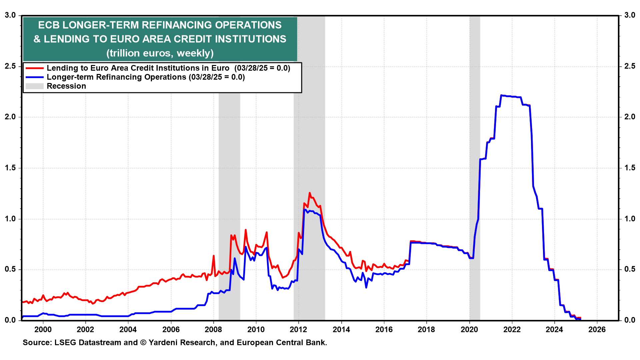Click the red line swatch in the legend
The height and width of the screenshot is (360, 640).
pos(35,68)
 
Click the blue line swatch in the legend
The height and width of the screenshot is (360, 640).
pos(35,77)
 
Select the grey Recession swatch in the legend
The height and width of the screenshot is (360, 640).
pos(35,86)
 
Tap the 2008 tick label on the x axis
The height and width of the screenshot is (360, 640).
pos(213,330)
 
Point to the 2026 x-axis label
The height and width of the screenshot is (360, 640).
pos(597,330)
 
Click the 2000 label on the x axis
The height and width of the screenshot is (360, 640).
pos(43,330)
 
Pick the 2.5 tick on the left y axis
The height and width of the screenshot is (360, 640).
pos(10,66)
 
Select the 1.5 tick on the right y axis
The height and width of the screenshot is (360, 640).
pos(630,168)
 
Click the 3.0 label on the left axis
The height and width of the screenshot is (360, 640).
pos(10,15)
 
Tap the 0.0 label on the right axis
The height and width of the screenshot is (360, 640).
pos(630,320)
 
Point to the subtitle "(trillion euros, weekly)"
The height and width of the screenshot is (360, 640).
pos(160,53)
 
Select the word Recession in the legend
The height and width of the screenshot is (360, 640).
pos(66,86)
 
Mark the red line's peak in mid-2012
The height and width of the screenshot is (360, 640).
pos(310,193)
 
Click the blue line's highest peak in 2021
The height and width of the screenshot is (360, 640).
pos(501,95)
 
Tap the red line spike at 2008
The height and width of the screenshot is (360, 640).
pos(214,256)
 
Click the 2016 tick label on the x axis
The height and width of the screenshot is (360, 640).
pos(384,330)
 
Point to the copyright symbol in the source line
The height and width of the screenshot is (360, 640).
pos(143,343)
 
